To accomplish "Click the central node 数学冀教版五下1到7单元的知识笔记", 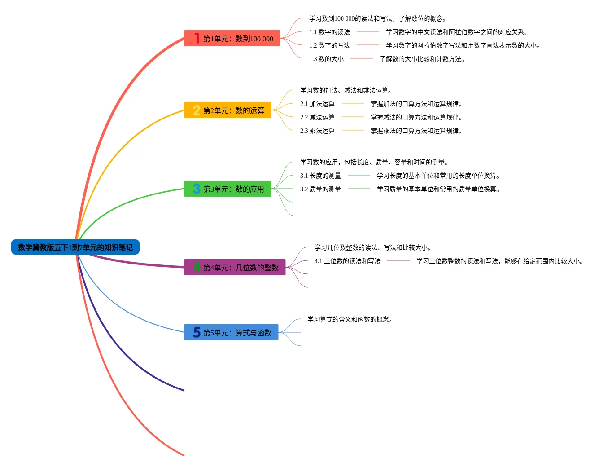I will [75, 247].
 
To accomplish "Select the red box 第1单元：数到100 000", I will [232, 39].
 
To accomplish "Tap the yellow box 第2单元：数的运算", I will [228, 110].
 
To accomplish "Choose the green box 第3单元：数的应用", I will [228, 189].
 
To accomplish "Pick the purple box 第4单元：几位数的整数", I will [235, 268].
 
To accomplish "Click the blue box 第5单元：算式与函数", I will [231, 333].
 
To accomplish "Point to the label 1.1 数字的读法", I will [329, 32].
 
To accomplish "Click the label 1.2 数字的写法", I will [329, 45].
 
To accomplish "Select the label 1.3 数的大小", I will [326, 59].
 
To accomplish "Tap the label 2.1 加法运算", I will [317, 104].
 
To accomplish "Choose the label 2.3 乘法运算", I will [317, 131].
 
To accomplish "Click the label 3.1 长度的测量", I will [320, 176].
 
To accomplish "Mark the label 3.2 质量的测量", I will [320, 189].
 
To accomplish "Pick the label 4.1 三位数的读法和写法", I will [347, 261].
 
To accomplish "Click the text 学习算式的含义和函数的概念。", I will [350, 319].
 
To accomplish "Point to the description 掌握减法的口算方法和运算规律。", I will [416, 117].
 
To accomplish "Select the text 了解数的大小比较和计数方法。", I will [422, 59].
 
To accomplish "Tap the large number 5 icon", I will [197, 332].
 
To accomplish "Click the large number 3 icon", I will [197, 189].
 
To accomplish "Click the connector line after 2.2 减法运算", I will [352, 117].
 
